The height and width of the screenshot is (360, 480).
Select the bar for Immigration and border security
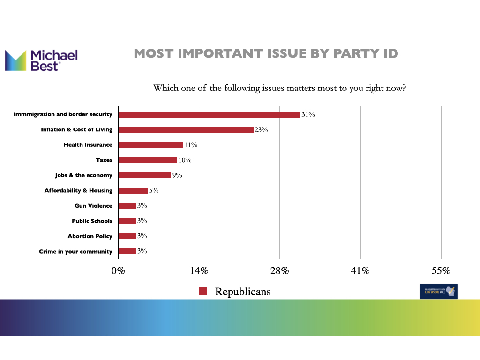209,114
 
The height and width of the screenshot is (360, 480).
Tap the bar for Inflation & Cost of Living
186,129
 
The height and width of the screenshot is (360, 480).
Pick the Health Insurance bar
150,145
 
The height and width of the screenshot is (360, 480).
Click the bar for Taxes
148,160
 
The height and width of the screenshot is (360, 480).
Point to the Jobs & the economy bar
144,175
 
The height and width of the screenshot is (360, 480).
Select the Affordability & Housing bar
133,190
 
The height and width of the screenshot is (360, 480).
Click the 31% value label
308,114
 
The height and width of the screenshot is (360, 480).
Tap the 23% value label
261,130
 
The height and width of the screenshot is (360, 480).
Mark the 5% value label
154,190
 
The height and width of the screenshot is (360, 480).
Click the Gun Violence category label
93,206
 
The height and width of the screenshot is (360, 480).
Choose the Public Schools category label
92,221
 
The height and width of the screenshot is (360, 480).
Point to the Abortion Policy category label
90,236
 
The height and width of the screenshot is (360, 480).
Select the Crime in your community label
75,252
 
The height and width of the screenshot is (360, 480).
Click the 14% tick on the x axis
199,271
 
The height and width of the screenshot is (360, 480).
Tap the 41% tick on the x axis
360,271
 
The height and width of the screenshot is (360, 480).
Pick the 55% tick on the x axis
441,271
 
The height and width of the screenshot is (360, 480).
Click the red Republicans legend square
203,291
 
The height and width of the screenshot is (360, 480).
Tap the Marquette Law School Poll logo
439,291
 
